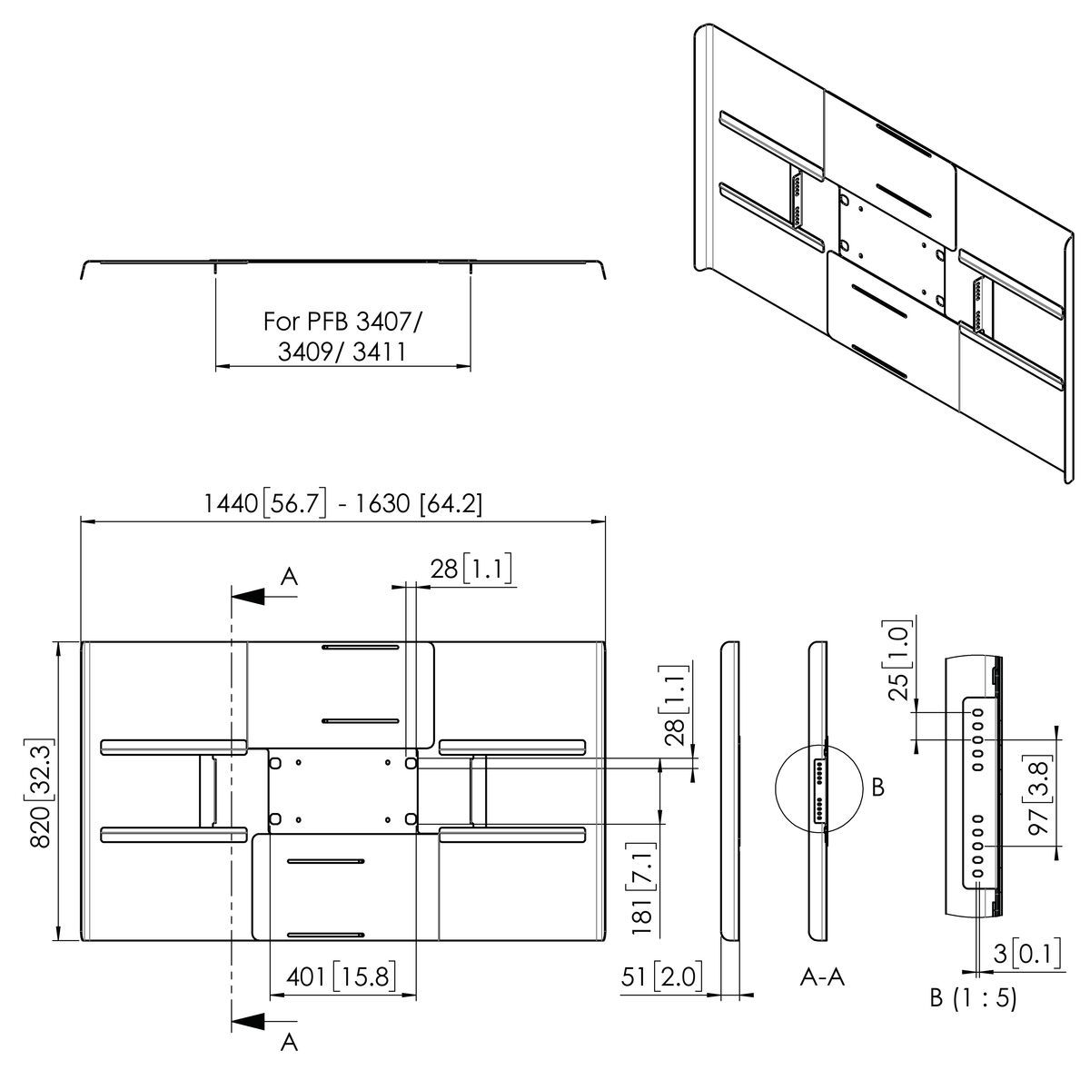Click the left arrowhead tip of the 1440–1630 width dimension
click(x=82, y=521)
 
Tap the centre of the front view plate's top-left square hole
click(x=275, y=763)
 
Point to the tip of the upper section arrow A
click(x=232, y=596)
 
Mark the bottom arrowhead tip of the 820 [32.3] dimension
click(x=59, y=941)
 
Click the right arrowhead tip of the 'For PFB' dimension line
click(x=471, y=367)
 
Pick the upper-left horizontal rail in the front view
click(x=173, y=748)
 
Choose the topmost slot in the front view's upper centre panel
click(x=361, y=647)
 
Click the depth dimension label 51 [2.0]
click(x=662, y=976)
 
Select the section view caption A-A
click(x=822, y=976)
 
